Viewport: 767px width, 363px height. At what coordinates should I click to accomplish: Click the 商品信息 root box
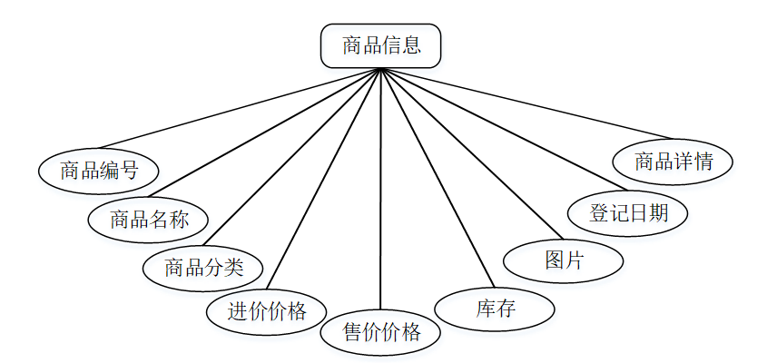[x=381, y=45]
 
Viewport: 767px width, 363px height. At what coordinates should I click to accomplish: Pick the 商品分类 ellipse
[x=204, y=268]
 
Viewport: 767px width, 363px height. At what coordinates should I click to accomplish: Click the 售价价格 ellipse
[x=381, y=332]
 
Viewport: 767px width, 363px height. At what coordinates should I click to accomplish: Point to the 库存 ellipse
[x=496, y=309]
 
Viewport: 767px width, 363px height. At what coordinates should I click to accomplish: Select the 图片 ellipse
[x=564, y=260]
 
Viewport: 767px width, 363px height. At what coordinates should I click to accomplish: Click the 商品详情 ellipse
[x=673, y=162]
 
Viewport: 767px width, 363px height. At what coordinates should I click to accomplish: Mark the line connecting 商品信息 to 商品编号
[x=240, y=107]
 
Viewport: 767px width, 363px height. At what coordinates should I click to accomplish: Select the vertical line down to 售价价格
[x=381, y=191]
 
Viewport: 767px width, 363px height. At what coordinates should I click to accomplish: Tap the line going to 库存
[x=436, y=177]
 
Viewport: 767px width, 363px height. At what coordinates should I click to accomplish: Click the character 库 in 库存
[x=486, y=309]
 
